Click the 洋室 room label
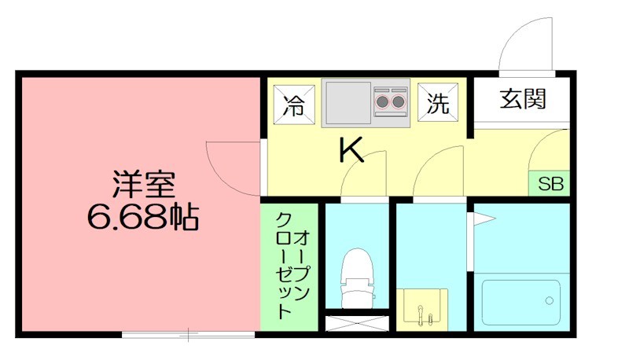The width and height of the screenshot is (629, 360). tap(142, 186)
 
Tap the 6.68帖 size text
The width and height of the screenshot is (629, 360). tap(142, 216)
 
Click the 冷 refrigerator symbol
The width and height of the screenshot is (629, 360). tap(292, 104)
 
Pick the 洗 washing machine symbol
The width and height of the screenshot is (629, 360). tap(436, 103)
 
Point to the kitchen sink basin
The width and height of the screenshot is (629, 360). tap(344, 101)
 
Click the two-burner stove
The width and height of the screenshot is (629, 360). tap(390, 101)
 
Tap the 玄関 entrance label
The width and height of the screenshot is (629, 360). tap(523, 100)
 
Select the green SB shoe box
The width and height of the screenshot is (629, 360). tap(550, 185)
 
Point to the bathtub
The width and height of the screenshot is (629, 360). tap(520, 303)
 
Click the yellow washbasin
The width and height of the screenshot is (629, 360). tap(425, 310)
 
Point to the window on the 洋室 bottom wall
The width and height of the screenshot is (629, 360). tap(189, 335)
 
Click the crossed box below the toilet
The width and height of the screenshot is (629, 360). tap(355, 323)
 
